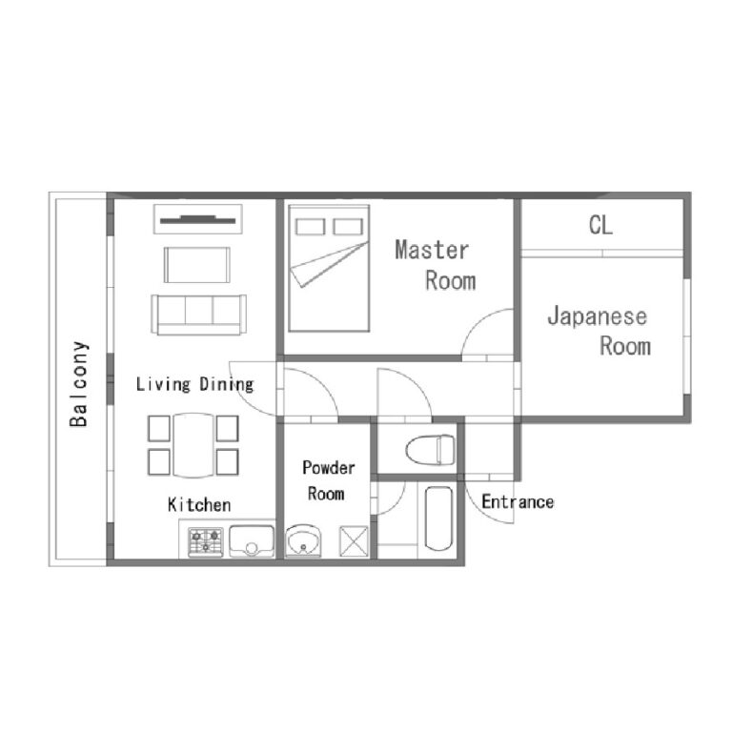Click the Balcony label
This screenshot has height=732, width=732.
(79, 384)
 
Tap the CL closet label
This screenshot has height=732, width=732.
(600, 225)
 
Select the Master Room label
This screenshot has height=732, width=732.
(435, 265)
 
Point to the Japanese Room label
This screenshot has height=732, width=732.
(599, 331)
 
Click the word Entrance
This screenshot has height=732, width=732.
(518, 502)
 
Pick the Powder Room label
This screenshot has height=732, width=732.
(328, 480)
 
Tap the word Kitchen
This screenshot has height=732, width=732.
(199, 504)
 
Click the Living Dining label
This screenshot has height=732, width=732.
(194, 384)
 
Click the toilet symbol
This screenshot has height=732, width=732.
(431, 450)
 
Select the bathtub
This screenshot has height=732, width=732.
(438, 518)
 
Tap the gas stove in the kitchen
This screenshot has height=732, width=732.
(206, 541)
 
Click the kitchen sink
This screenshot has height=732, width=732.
(252, 541)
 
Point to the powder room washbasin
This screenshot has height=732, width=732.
(303, 540)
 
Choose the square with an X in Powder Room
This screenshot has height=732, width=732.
(354, 541)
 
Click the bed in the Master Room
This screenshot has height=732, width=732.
(329, 268)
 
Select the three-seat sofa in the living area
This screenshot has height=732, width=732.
(199, 315)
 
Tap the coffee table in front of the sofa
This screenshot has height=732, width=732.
(197, 265)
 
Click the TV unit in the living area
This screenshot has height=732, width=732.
(198, 219)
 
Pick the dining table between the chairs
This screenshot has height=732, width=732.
(193, 445)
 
